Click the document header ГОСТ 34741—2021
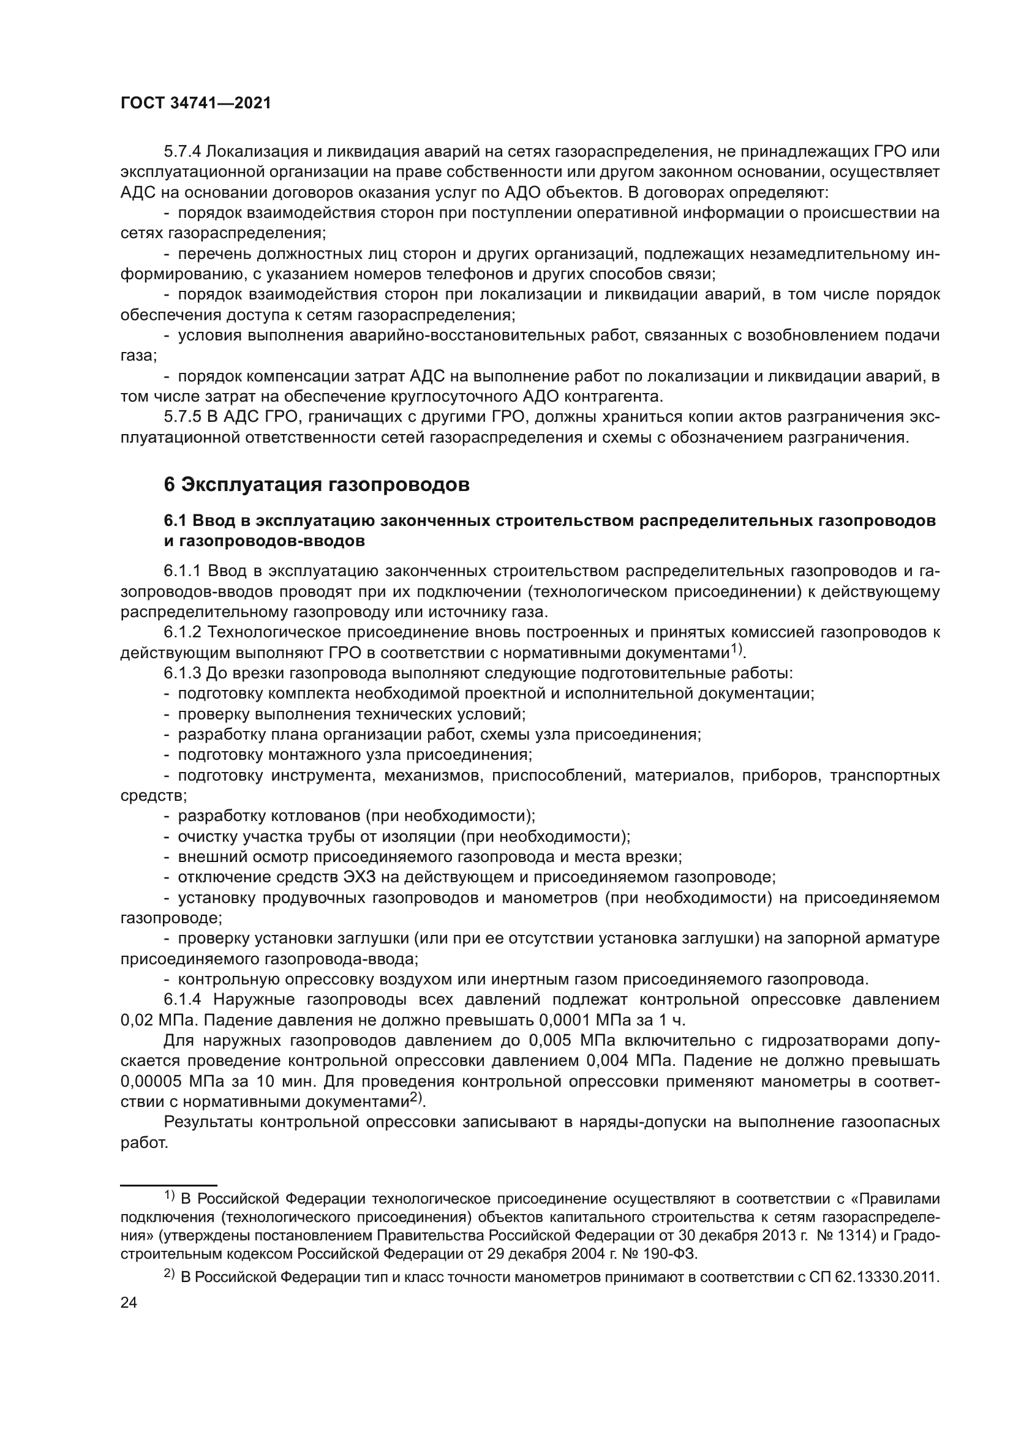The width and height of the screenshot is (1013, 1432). [x=196, y=103]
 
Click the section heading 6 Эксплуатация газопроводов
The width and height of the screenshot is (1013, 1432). [x=316, y=485]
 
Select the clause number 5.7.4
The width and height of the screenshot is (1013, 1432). [x=183, y=152]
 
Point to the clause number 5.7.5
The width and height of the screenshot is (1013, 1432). [x=183, y=417]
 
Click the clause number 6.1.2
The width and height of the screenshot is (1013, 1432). [x=183, y=632]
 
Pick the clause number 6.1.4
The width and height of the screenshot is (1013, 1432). [x=183, y=1000]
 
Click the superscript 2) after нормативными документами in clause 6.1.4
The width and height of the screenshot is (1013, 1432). [x=416, y=1098]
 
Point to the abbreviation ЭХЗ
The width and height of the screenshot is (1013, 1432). [x=360, y=877]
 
